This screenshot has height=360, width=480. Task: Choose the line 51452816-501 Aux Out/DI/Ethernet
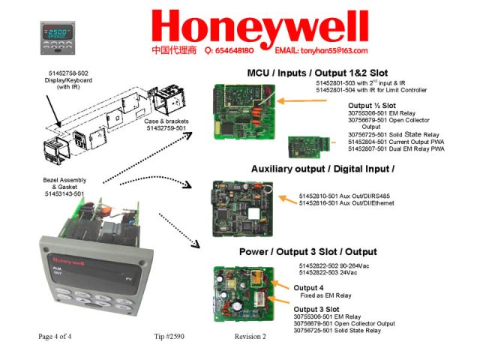(349, 203)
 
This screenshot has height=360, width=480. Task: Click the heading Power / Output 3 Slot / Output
(307, 251)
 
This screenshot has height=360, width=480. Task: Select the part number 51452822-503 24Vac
(334, 272)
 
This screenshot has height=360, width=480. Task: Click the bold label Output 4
(309, 288)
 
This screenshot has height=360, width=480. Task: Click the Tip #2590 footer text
(169, 337)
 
